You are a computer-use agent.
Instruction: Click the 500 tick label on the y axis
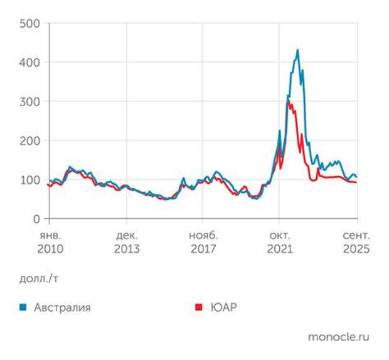tap(29, 24)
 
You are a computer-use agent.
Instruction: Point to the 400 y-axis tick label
tap(29, 63)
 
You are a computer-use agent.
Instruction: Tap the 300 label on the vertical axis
tap(29, 102)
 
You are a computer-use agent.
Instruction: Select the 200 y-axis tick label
tap(29, 140)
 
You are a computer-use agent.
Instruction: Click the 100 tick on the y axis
tap(29, 180)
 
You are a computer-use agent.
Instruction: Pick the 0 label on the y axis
tap(37, 219)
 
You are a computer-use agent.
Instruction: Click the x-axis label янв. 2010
tap(50, 241)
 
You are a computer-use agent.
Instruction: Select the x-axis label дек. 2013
tap(126, 241)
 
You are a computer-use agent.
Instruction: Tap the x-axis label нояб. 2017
tap(202, 241)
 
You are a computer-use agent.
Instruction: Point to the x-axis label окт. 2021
tap(279, 241)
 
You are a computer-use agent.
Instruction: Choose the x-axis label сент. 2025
tap(356, 241)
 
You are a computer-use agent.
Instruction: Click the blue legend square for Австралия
tap(23, 307)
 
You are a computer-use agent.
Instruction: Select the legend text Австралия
tap(62, 307)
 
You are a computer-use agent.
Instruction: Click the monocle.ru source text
tap(338, 337)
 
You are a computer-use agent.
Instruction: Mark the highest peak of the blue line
tap(297, 50)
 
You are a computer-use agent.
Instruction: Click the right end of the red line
tap(356, 183)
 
